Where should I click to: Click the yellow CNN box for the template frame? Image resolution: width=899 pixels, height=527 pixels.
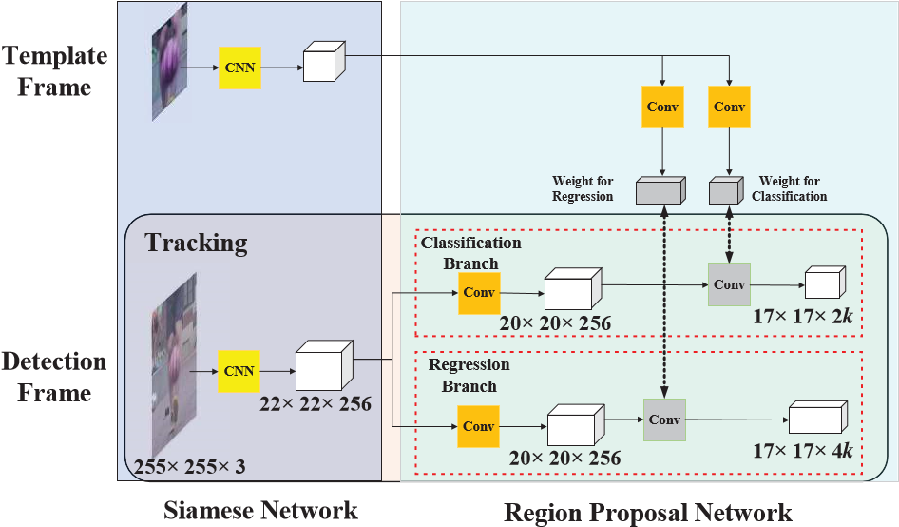click(x=239, y=68)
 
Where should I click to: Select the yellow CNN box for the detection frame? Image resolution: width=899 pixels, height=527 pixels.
click(x=239, y=371)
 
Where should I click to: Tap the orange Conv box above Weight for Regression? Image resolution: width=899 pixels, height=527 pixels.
click(x=662, y=107)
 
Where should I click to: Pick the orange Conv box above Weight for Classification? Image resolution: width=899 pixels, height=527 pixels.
click(x=729, y=107)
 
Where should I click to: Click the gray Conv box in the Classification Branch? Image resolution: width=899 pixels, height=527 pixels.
click(x=729, y=284)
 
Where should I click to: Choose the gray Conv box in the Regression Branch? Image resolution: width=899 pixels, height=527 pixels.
click(x=664, y=420)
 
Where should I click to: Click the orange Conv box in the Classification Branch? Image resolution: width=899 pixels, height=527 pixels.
click(x=479, y=293)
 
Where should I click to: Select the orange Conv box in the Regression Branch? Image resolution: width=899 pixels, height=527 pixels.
click(x=478, y=426)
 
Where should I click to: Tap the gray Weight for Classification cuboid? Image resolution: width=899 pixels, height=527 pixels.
click(x=726, y=190)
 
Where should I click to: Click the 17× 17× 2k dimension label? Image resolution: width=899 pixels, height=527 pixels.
click(x=803, y=317)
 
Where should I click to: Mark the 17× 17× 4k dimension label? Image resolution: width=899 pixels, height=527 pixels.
click(x=803, y=451)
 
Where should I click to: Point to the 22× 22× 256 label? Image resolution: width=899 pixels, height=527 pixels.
click(x=316, y=404)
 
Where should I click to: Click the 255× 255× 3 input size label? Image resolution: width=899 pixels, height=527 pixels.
click(x=190, y=467)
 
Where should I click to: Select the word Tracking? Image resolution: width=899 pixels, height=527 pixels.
click(x=196, y=244)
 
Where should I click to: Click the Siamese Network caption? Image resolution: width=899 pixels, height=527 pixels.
click(x=261, y=510)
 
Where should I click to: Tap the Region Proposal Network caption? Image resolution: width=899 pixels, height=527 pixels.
click(x=648, y=513)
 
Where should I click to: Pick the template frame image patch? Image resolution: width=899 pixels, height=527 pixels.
click(x=170, y=62)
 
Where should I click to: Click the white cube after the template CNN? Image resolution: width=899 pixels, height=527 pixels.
click(x=324, y=62)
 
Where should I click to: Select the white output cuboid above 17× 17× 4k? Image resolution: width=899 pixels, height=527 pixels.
click(x=818, y=418)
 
